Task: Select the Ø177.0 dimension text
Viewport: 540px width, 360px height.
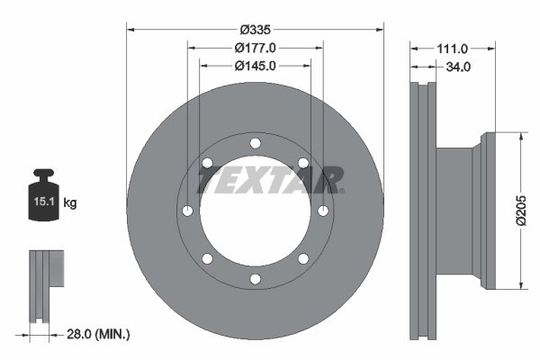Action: click(255, 47)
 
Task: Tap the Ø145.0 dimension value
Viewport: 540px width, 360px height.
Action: click(255, 66)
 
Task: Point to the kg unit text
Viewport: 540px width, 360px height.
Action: click(70, 203)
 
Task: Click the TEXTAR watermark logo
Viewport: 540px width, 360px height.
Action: click(270, 181)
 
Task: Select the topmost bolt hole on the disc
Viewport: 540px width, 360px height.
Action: click(255, 143)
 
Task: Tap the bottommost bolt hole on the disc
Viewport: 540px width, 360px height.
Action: click(255, 278)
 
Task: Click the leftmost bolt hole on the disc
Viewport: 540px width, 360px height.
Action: click(187, 211)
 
